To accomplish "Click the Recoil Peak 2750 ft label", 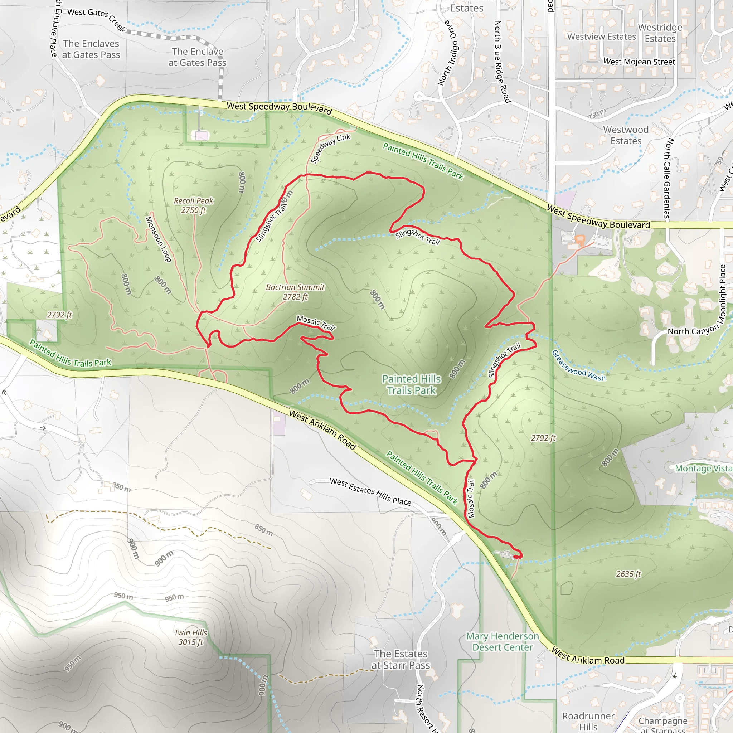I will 194,205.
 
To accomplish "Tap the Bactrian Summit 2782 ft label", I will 295,292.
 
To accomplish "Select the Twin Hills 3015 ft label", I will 191,637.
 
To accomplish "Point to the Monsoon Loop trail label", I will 158,239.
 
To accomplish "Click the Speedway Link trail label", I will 330,148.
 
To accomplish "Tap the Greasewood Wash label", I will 578,365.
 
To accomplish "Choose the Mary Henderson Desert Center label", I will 502,642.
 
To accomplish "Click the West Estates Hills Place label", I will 370,492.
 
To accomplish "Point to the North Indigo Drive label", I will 448,53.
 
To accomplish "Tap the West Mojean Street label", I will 639,62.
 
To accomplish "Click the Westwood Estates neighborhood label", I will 626,135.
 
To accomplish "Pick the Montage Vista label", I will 703,469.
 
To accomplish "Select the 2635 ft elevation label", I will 628,574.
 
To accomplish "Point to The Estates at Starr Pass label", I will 401,659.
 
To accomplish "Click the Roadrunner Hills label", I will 588,721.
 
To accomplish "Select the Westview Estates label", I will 601,37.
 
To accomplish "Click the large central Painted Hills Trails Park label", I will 411,384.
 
